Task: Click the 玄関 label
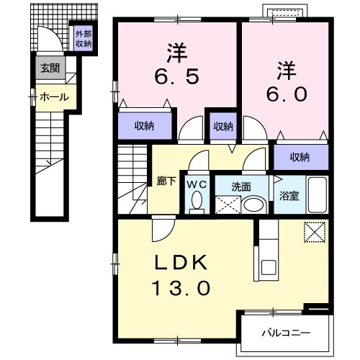pyautogui.click(x=50, y=69)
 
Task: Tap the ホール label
pyautogui.click(x=54, y=96)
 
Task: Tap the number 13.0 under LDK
pyautogui.click(x=181, y=288)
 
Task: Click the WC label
pyautogui.click(x=197, y=184)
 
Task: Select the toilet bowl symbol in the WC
pyautogui.click(x=197, y=202)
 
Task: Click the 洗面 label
pyautogui.click(x=241, y=186)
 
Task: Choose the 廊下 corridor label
pyautogui.click(x=166, y=182)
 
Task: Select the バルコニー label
pyautogui.click(x=285, y=334)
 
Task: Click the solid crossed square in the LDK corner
pyautogui.click(x=315, y=233)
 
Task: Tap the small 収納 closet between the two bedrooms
pyautogui.click(x=223, y=127)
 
